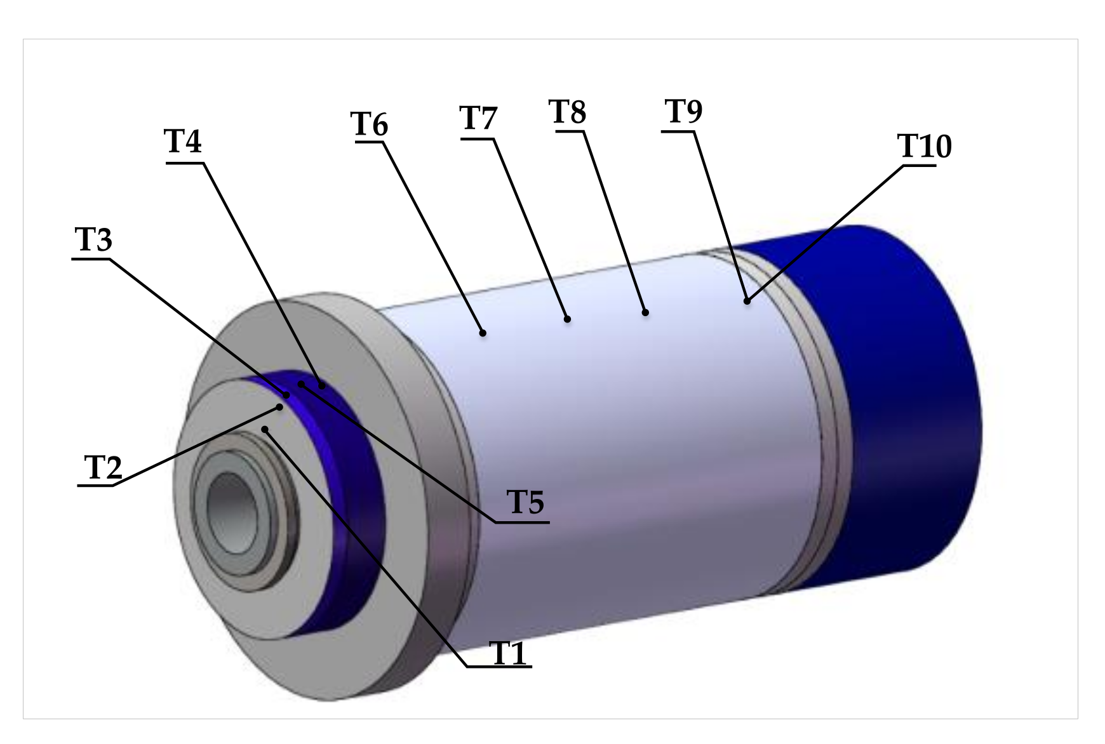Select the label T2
[x=102, y=468]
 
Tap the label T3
[x=93, y=241]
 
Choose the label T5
[x=526, y=503]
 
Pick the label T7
[x=478, y=118]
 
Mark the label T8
[x=568, y=112]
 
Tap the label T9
[x=684, y=112]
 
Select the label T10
[x=925, y=147]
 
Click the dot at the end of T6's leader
[x=483, y=333]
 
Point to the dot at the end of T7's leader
[x=568, y=319]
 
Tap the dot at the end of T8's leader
[x=645, y=312]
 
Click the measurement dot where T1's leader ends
[x=265, y=430]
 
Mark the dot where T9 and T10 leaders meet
[x=747, y=301]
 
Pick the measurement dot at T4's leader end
[x=322, y=385]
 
